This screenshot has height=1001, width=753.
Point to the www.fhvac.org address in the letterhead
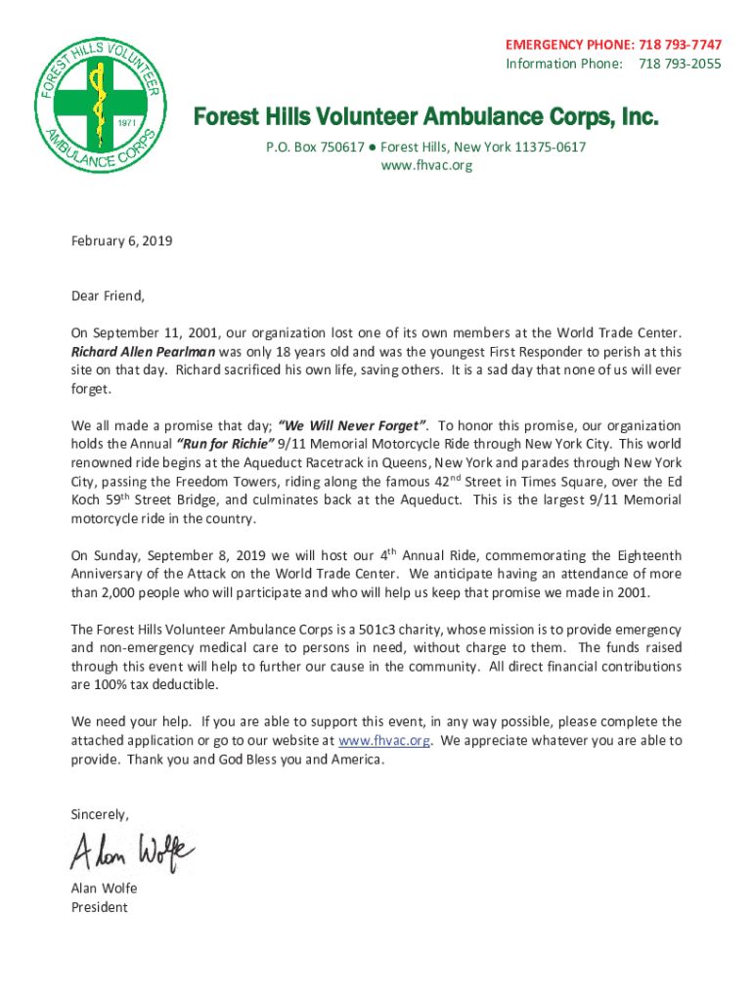pyautogui.click(x=425, y=165)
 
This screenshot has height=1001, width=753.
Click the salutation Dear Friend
pyautogui.click(x=108, y=295)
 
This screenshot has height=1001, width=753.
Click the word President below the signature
pyautogui.click(x=99, y=907)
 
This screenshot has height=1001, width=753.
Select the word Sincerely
pyautogui.click(x=100, y=814)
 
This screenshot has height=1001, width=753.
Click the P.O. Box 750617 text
pyautogui.click(x=316, y=147)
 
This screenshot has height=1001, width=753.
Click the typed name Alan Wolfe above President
pyautogui.click(x=104, y=889)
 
